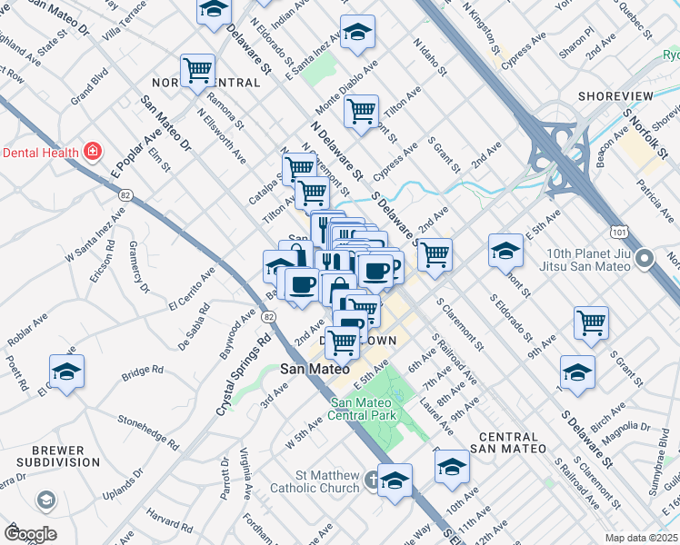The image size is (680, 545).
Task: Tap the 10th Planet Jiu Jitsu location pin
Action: pos(645,260)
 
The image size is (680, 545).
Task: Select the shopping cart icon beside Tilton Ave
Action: pos(362,112)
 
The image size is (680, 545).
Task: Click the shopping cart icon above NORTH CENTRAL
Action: pos(197,69)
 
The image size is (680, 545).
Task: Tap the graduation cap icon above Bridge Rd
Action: pos(66,372)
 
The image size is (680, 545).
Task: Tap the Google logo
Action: pos(30,533)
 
